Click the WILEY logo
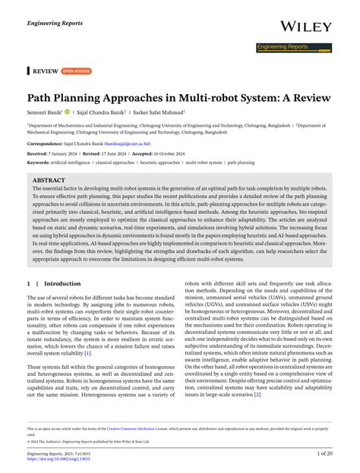pyautogui.click(x=306, y=27)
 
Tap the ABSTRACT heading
pyautogui.click(x=49, y=181)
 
